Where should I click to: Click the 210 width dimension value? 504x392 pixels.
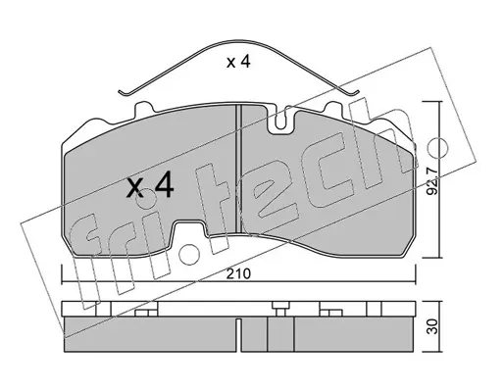pyautogui.click(x=239, y=273)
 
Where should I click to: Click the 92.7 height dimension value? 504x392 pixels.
pyautogui.click(x=432, y=181)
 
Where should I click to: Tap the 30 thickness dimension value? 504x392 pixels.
pyautogui.click(x=432, y=326)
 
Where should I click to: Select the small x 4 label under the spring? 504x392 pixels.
pyautogui.click(x=238, y=62)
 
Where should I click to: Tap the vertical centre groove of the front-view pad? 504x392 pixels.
pyautogui.click(x=238, y=169)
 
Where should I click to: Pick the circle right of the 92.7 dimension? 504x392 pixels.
pyautogui.click(x=438, y=146)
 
